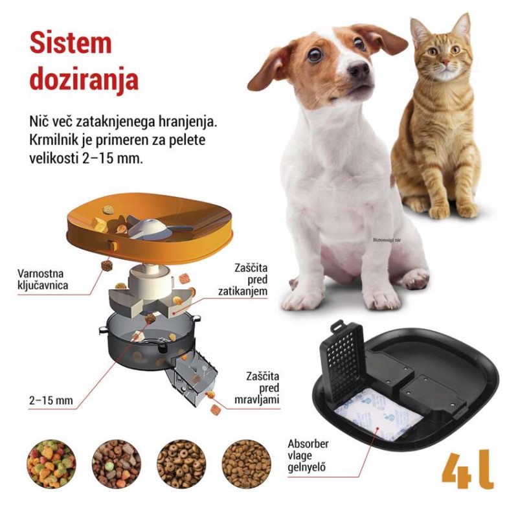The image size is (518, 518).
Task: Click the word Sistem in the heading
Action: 71,43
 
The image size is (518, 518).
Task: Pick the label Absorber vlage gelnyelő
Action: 308,456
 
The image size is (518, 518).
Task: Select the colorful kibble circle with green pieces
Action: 51,464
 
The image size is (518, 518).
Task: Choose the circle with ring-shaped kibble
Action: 181,464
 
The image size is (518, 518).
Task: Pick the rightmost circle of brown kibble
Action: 246,464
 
